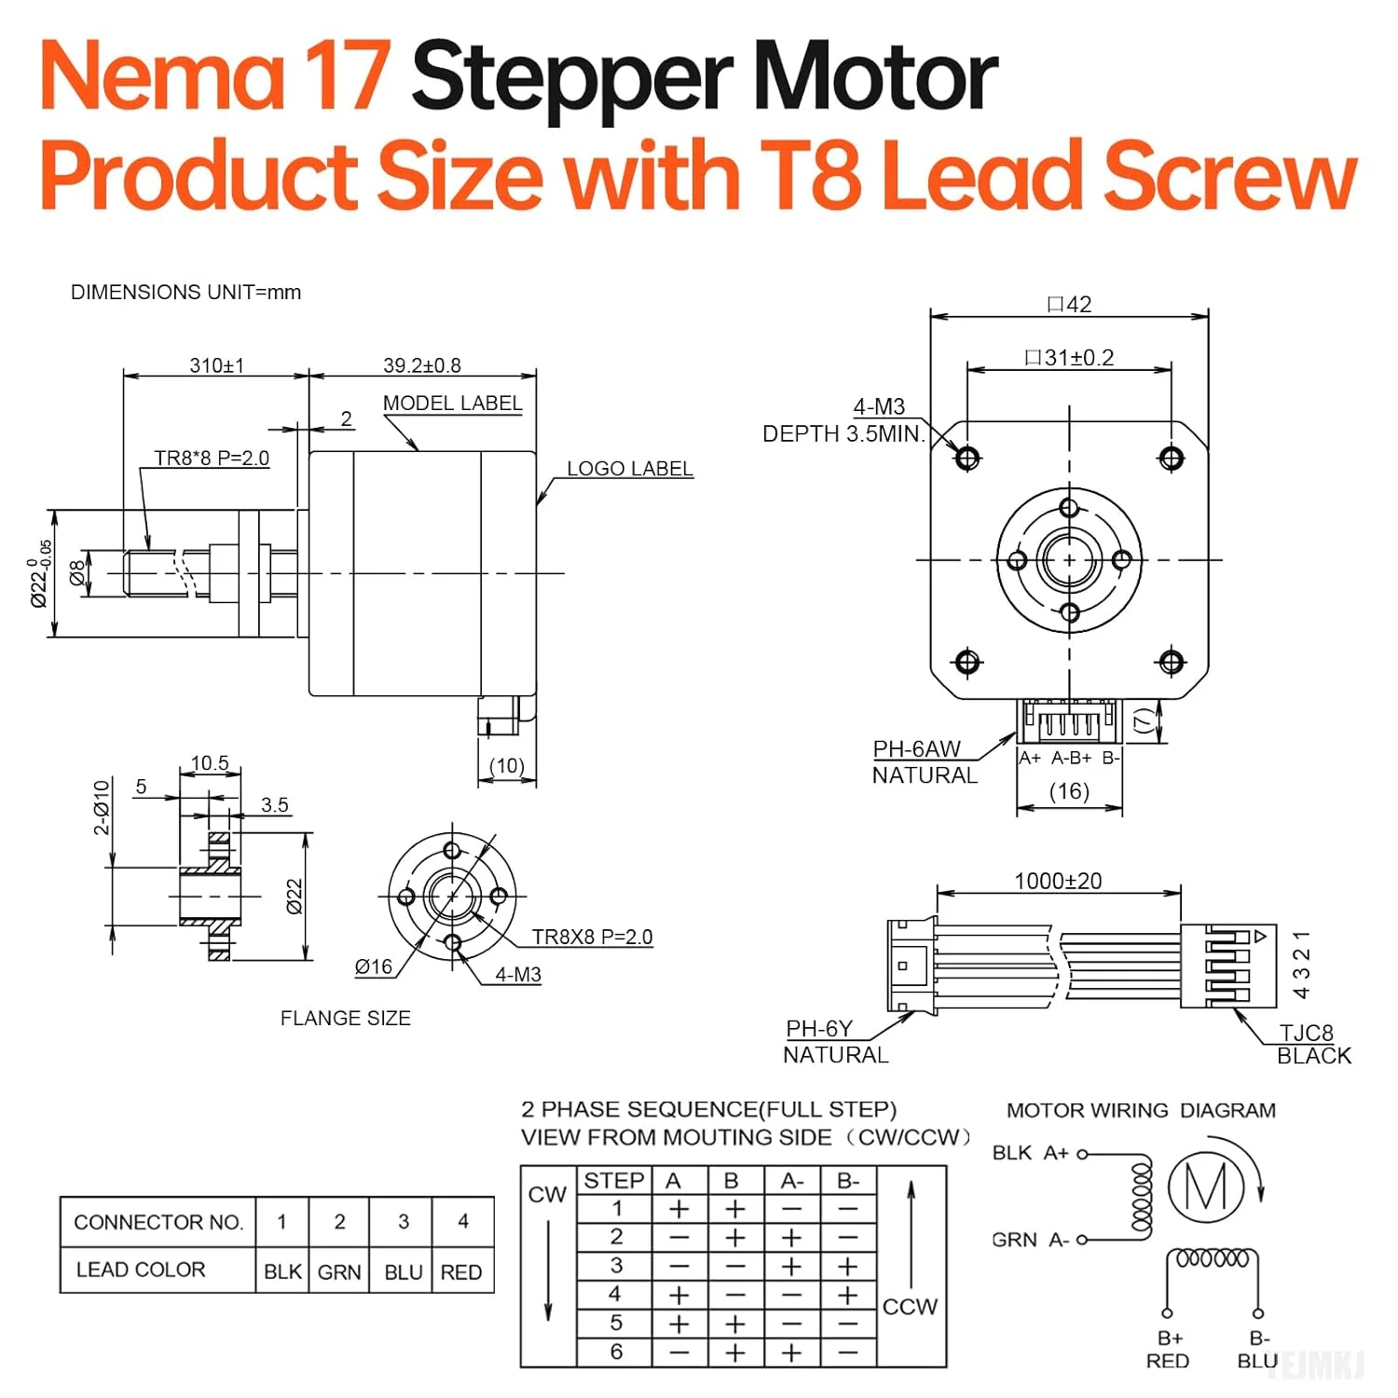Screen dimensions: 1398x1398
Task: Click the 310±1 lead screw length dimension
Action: point(216,365)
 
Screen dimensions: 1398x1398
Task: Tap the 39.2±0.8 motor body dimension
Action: point(421,365)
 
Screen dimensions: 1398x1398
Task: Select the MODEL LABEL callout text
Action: point(452,404)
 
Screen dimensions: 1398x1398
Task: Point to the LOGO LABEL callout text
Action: point(630,469)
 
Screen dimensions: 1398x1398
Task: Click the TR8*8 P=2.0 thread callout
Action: point(212,459)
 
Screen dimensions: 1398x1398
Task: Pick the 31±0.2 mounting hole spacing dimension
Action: point(1069,358)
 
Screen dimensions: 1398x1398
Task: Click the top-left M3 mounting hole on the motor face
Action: point(967,458)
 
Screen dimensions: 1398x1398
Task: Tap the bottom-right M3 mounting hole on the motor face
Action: point(1172,662)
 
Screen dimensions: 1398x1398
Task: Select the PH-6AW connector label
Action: point(916,749)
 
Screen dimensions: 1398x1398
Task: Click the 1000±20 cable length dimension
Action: point(1058,881)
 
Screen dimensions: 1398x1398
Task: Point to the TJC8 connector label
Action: point(1306,1033)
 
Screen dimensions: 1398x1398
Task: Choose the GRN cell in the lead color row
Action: point(339,1272)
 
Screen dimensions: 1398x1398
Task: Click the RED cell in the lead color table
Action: point(461,1272)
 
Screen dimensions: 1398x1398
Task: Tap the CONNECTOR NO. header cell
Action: point(158,1222)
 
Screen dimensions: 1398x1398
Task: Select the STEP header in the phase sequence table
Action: point(613,1181)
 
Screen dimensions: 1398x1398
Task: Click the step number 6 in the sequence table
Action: point(616,1351)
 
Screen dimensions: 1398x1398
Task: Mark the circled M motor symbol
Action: point(1206,1187)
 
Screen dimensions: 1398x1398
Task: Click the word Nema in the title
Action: point(160,76)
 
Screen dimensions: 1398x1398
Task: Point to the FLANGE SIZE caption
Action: point(345,1019)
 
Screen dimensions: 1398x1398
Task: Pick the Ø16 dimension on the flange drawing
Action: point(374,967)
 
